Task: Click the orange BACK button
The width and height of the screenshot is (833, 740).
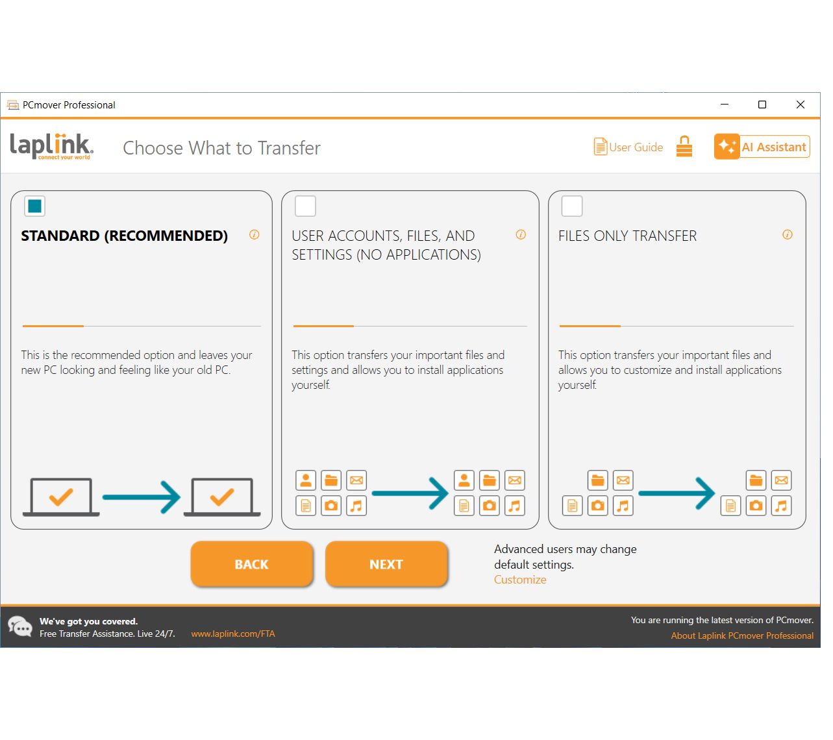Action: (252, 563)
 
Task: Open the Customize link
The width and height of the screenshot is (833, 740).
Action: (519, 579)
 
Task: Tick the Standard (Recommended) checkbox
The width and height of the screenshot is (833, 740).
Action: (34, 206)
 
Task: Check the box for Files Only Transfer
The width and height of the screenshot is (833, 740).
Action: (571, 206)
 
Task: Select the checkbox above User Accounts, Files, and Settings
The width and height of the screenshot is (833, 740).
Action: (305, 206)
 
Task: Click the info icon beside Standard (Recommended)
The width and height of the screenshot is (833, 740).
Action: (254, 234)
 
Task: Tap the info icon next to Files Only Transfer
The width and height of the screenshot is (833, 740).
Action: (787, 234)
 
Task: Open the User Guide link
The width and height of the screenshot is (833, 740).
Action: (628, 147)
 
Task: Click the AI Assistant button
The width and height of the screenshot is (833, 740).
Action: (762, 146)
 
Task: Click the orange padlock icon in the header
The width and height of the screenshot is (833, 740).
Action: (684, 146)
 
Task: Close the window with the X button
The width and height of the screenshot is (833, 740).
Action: (800, 105)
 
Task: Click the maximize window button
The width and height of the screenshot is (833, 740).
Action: (762, 105)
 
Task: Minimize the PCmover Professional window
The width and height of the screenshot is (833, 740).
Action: (725, 105)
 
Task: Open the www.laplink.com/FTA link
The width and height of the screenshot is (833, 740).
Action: (232, 634)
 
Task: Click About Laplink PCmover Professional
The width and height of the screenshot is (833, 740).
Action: (741, 635)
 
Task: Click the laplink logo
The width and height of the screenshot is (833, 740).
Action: (51, 146)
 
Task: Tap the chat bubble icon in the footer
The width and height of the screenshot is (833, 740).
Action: (19, 626)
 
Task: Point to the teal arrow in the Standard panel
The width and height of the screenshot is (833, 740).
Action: (141, 497)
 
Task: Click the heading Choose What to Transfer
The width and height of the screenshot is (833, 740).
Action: (221, 147)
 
